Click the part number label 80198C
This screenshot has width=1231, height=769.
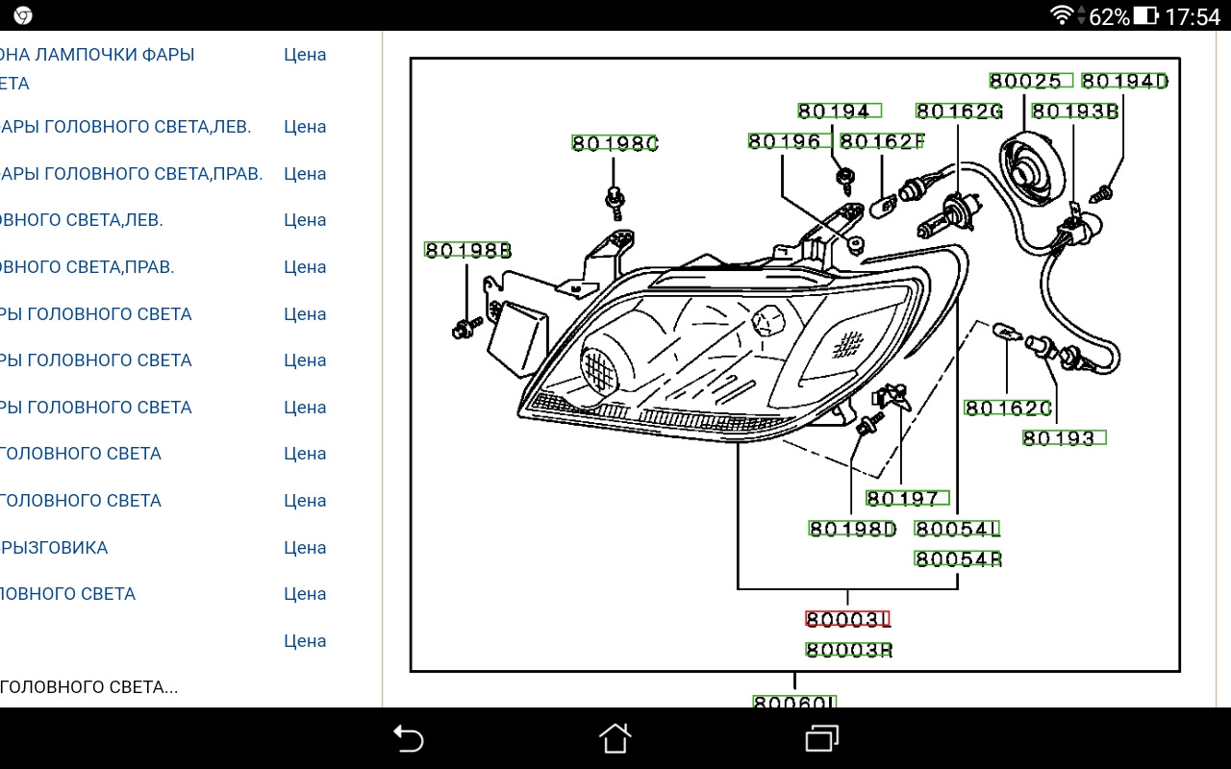point(615,143)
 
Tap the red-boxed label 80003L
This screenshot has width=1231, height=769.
point(848,619)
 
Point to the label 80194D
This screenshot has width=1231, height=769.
point(1124,81)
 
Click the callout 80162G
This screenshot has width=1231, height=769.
point(959,112)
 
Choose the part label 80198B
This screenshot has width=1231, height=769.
point(467,250)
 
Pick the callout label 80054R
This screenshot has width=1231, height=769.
point(958,558)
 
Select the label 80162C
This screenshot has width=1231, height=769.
point(1008,409)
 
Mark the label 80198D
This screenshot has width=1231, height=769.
point(852,528)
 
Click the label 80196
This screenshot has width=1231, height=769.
point(785,141)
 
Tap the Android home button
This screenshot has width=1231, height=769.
point(615,738)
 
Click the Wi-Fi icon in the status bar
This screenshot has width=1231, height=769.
point(1062,15)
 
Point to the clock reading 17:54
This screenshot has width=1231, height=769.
point(1192,16)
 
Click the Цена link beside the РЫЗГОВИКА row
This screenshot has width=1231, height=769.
point(305,548)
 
